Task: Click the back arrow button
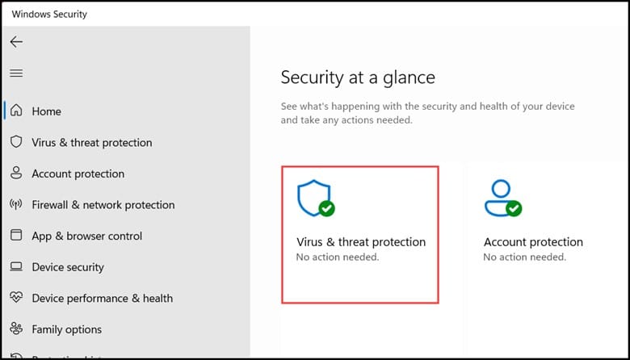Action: coord(16,42)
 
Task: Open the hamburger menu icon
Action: coord(16,73)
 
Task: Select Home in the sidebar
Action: coord(47,111)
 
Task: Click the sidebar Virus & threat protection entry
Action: coord(92,143)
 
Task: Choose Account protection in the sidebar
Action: coord(78,174)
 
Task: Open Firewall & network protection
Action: coord(103,205)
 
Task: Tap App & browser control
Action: coord(86,236)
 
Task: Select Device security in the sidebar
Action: coord(68,267)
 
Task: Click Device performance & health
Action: coord(103,298)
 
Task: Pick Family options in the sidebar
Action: coord(67,329)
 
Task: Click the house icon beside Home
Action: coord(16,110)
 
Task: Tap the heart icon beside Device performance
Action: coord(16,297)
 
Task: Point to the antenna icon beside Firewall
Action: coord(16,204)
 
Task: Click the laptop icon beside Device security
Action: coord(16,266)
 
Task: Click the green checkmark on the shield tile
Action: coord(326,208)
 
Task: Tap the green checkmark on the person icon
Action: coord(514,208)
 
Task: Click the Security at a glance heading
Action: coord(358,77)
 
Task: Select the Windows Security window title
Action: coord(49,15)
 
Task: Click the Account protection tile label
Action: coord(533,242)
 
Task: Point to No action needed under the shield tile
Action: coord(338,257)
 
